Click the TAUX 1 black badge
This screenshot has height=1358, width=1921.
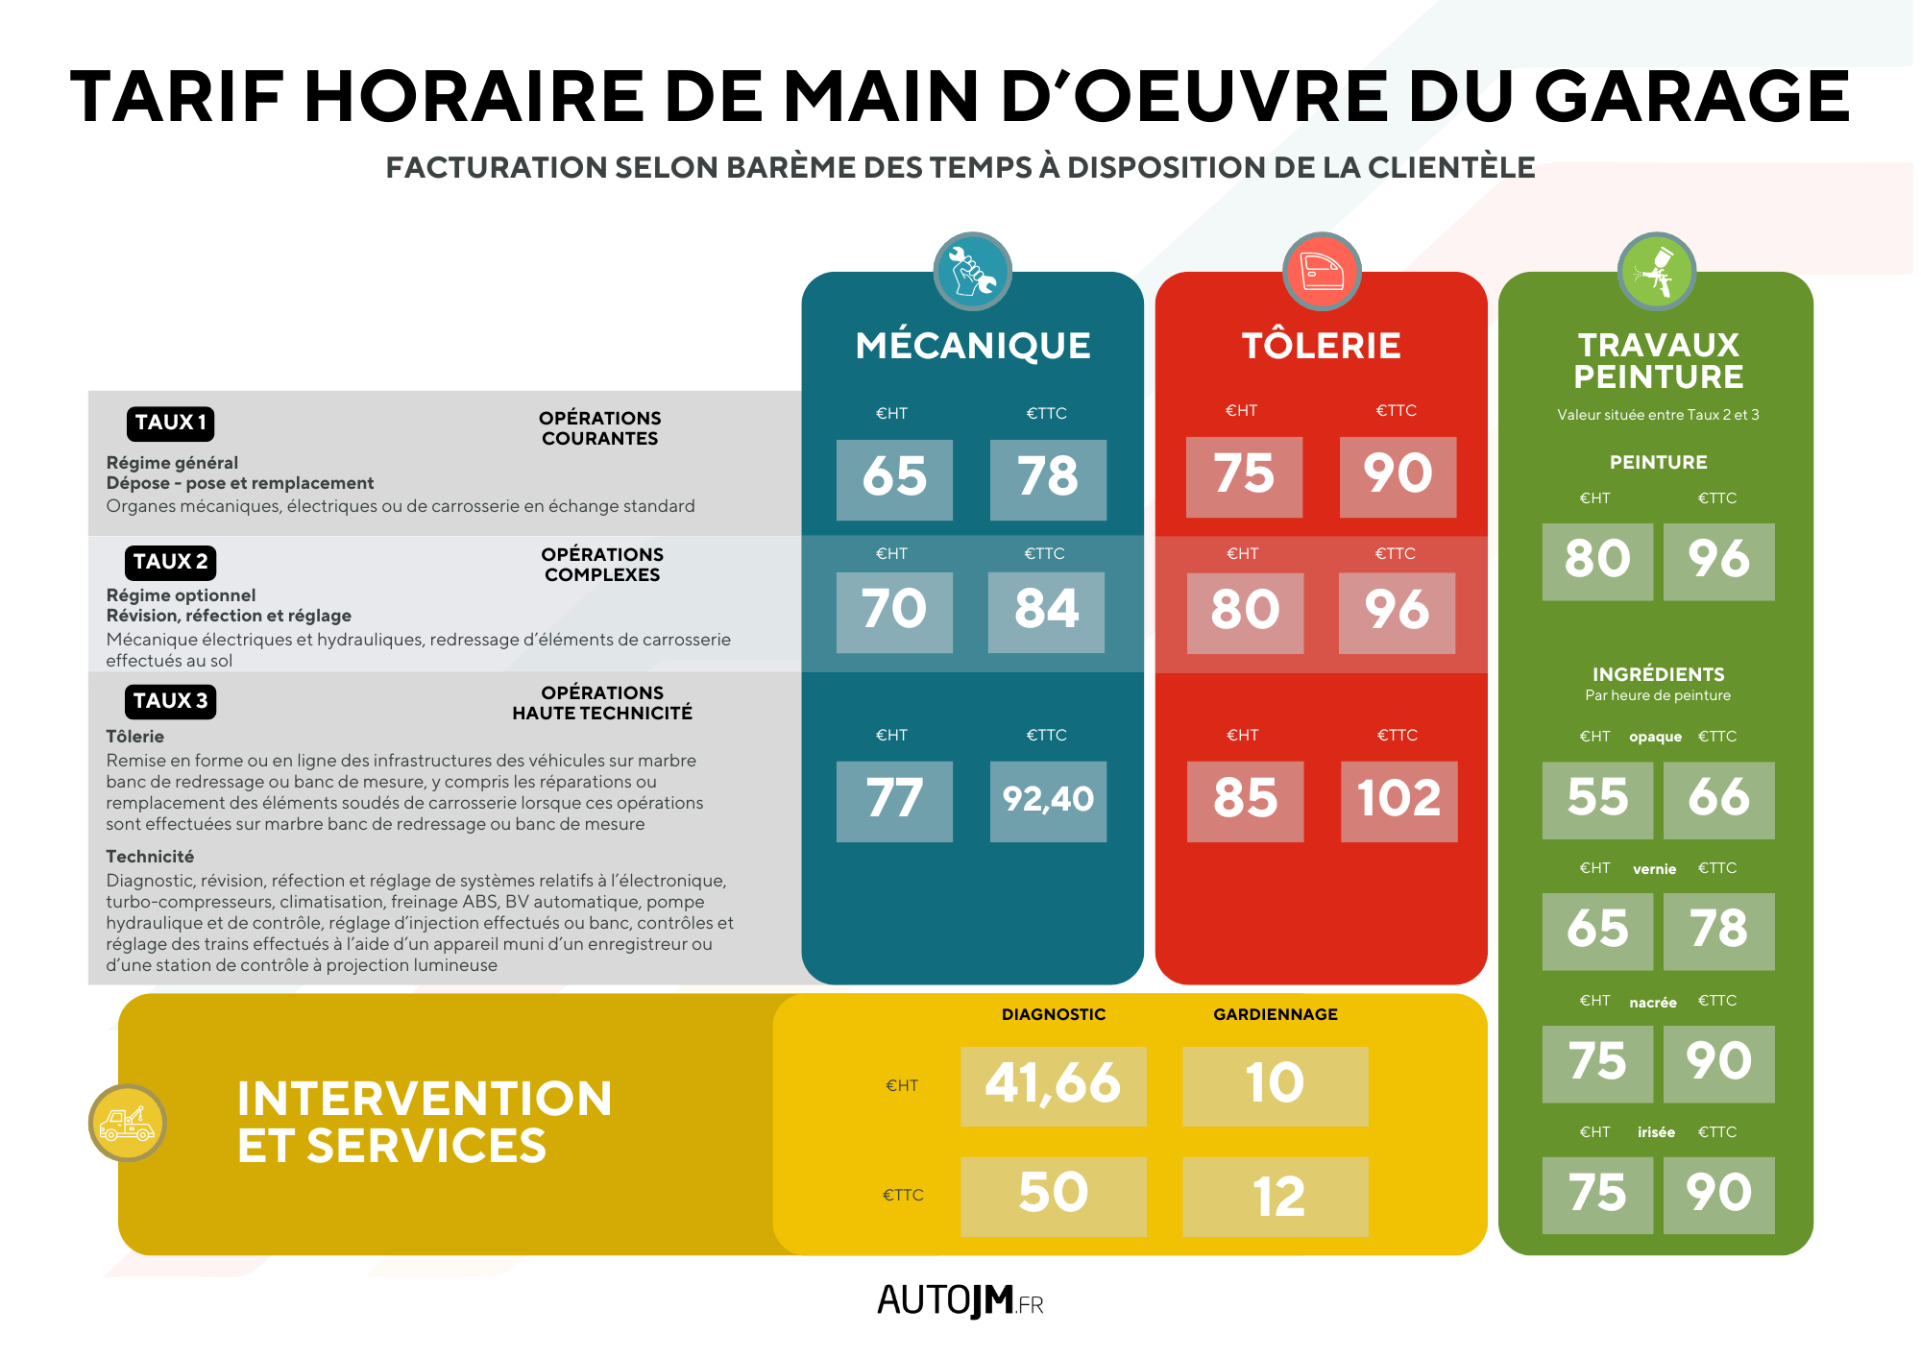pos(170,424)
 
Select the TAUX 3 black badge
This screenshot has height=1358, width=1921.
pos(170,701)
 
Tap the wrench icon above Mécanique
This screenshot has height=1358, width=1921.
pos(972,272)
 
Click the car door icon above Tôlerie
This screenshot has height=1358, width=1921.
pos(1322,272)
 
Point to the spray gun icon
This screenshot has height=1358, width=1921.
pos(1657,272)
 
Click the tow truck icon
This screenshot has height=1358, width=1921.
pos(128,1123)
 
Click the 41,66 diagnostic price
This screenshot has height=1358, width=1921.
pos(1053,1085)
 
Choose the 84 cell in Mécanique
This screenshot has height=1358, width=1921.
pos(1046,612)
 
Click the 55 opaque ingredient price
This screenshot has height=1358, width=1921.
pos(1597,799)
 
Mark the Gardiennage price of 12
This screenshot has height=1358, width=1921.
pos(1276,1196)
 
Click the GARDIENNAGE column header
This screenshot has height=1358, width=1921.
pos(1276,1014)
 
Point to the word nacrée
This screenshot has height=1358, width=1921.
pos(1653,1003)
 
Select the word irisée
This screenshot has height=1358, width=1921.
pos(1656,1132)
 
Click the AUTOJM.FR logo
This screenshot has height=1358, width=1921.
pos(960,1301)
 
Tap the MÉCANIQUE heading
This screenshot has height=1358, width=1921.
pos(972,346)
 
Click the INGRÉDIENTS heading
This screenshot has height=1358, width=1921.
pos(1658,674)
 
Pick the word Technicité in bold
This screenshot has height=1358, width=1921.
pos(150,857)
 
